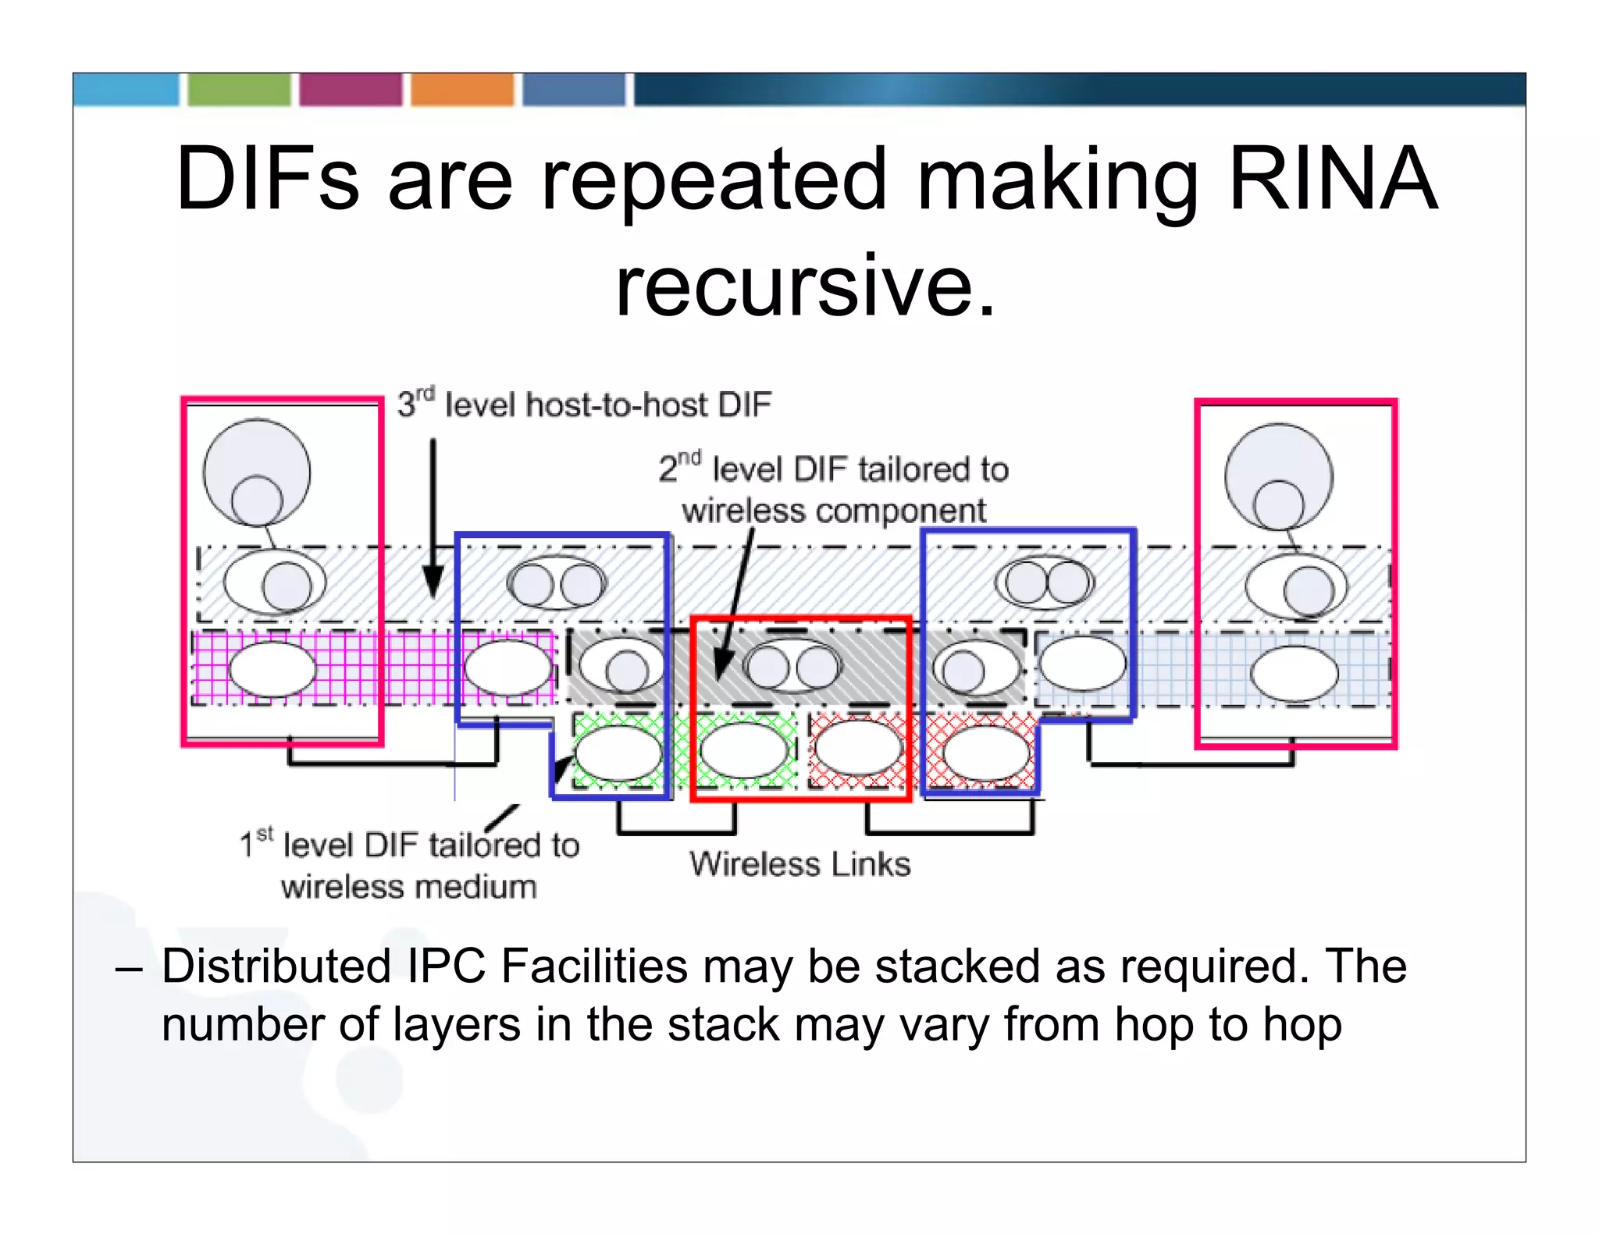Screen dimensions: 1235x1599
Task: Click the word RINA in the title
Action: (x=1332, y=180)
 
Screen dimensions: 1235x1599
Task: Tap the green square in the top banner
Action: (x=239, y=90)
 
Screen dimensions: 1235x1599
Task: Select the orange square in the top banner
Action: (x=462, y=90)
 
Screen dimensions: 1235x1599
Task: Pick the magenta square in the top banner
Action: (x=351, y=90)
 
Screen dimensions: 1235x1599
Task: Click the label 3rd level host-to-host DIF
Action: (x=584, y=404)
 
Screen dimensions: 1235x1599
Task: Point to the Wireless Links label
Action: (x=799, y=864)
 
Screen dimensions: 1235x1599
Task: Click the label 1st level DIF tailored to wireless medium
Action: (x=409, y=866)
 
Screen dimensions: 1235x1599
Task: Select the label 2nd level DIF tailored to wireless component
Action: (x=834, y=489)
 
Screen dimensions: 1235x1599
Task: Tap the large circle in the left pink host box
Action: (x=256, y=472)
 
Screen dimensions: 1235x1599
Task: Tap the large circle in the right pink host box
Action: (x=1278, y=476)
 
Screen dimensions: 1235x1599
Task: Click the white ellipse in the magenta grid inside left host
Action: (x=272, y=670)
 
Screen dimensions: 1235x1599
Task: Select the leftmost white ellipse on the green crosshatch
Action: (x=618, y=753)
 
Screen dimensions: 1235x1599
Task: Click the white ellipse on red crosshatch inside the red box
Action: (x=857, y=748)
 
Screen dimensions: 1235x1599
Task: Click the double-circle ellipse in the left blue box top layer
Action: (x=557, y=582)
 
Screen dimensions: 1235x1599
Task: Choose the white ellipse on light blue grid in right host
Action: (x=1294, y=674)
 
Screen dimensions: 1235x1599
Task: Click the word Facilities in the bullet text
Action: (x=594, y=966)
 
